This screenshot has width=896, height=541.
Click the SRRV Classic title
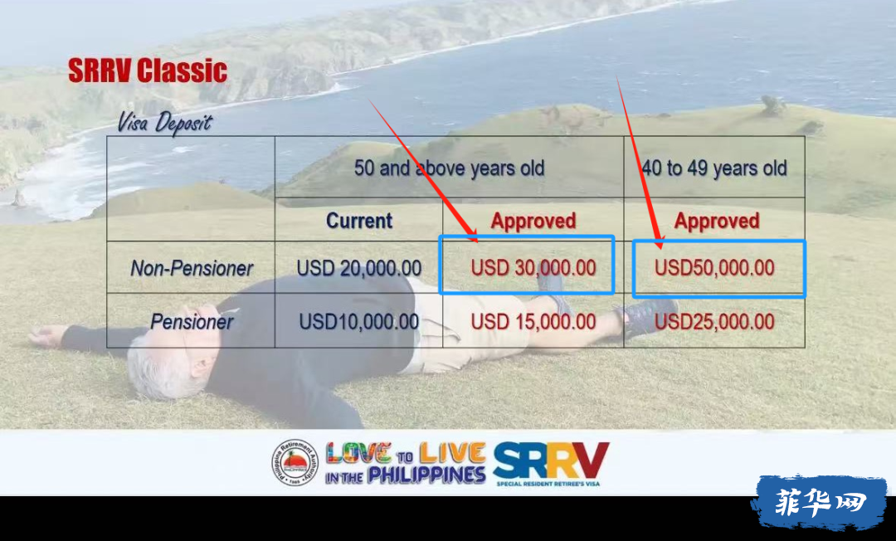click(148, 71)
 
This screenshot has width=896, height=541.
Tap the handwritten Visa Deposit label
click(164, 123)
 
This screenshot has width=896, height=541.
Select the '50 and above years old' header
click(449, 168)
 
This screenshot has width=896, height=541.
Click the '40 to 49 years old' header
click(714, 168)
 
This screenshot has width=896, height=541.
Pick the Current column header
click(359, 221)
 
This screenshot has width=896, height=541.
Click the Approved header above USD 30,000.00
click(533, 221)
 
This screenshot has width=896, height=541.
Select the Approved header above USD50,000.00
click(717, 221)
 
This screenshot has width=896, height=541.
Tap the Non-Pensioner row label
click(192, 268)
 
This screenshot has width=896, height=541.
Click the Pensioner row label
click(192, 322)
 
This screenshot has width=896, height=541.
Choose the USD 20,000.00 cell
click(359, 268)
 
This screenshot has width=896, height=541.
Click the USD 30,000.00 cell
click(533, 268)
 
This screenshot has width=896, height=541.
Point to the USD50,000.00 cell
click(714, 268)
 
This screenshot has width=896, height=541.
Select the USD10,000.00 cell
click(359, 322)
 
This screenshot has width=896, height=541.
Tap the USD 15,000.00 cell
click(533, 322)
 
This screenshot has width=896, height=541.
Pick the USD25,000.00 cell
click(714, 322)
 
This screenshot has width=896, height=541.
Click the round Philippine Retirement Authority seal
click(295, 463)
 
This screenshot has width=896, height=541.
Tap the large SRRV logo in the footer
click(551, 461)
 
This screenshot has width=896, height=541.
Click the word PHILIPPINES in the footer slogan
click(426, 475)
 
